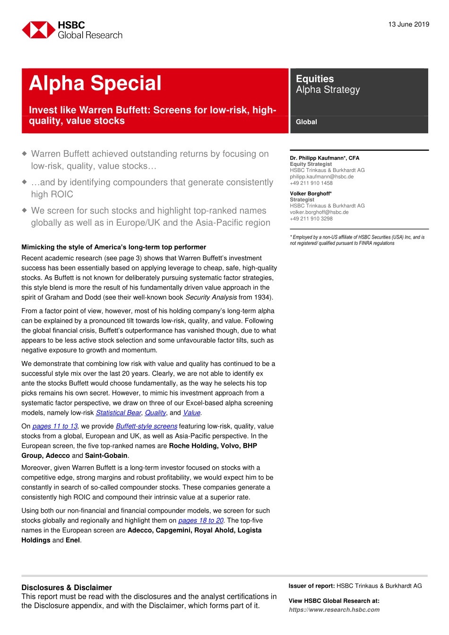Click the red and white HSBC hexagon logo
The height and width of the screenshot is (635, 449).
tap(38, 30)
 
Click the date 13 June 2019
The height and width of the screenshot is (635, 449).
tap(408, 25)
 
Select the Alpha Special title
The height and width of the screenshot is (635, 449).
tap(95, 84)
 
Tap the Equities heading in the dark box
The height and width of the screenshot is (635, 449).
tap(315, 79)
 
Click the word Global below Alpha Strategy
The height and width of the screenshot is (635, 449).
tap(306, 122)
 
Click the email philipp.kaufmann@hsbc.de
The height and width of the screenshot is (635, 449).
tap(321, 177)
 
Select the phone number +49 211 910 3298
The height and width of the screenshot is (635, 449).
tap(311, 219)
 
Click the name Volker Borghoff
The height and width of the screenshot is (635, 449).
tap(311, 194)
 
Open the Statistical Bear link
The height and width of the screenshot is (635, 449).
tap(118, 413)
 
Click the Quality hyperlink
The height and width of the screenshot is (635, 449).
tap(155, 413)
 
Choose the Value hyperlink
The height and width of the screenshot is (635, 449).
tap(191, 413)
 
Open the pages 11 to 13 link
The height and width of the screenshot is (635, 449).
tap(55, 426)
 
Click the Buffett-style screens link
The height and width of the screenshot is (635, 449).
tap(147, 426)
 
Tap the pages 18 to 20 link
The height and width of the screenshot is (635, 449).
tap(200, 521)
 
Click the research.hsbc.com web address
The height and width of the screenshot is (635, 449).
tap(334, 610)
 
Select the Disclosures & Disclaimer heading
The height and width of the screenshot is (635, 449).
tap(67, 588)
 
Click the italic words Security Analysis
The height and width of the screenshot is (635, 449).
tap(211, 298)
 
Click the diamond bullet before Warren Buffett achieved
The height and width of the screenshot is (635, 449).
tap(25, 154)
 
